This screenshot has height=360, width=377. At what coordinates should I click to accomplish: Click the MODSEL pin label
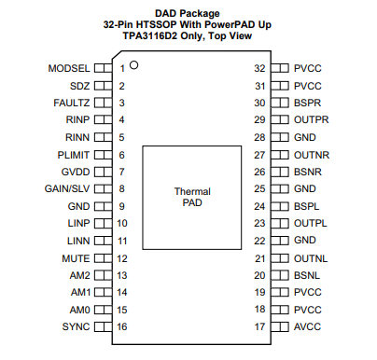(x=68, y=69)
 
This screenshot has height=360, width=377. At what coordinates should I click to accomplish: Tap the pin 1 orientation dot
(x=134, y=65)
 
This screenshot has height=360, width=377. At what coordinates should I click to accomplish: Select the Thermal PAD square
(x=192, y=197)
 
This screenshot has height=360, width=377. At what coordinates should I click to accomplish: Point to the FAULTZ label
(x=71, y=103)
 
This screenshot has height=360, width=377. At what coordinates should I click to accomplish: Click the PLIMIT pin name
(x=73, y=155)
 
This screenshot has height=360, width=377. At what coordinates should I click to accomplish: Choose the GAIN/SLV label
(x=67, y=189)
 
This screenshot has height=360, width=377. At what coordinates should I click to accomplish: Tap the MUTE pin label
(x=76, y=257)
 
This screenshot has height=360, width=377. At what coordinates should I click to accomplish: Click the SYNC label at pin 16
(x=76, y=326)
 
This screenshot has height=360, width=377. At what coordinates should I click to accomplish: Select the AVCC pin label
(x=309, y=326)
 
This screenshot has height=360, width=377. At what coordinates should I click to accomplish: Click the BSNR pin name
(x=309, y=172)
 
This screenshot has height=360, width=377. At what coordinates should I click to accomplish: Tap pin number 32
(x=261, y=69)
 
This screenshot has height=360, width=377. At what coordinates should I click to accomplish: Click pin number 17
(x=261, y=326)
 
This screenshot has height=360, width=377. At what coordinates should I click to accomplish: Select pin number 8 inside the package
(x=121, y=189)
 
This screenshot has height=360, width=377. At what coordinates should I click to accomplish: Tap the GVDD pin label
(x=75, y=172)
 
